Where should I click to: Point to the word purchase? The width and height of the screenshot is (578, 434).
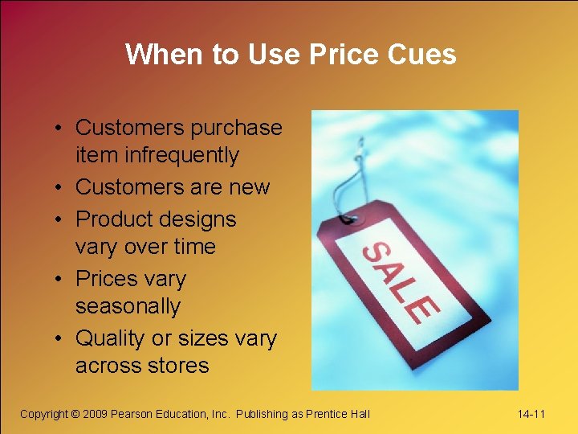(241, 128)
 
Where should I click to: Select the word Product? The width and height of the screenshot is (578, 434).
(116, 219)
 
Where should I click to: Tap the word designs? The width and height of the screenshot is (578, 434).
(199, 219)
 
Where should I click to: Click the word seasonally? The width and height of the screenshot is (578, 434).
(128, 306)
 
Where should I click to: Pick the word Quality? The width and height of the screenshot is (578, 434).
(112, 338)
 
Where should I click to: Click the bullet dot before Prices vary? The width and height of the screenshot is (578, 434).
(61, 280)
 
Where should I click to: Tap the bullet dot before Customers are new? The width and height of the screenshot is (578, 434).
(61, 188)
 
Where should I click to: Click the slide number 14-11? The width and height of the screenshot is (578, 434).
(531, 414)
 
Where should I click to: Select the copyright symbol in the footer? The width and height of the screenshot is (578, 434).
(75, 414)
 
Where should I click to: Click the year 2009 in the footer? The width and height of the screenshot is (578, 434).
(96, 414)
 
